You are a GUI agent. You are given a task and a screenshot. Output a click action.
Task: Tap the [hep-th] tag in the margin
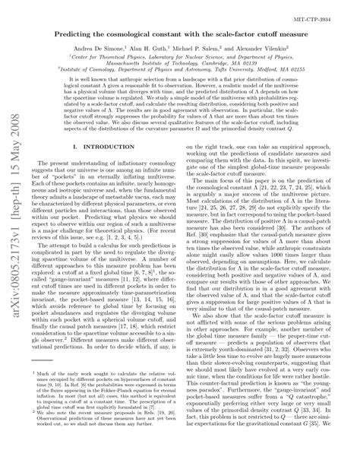pos(13,215)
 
